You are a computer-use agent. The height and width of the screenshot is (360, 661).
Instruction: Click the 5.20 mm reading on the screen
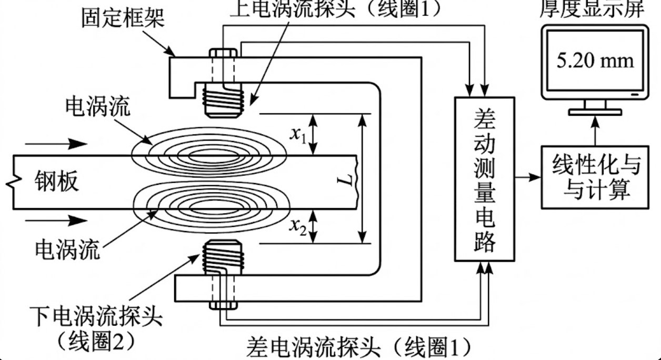pyautogui.click(x=595, y=62)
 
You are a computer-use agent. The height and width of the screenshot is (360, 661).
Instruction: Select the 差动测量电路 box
pyautogui.click(x=484, y=178)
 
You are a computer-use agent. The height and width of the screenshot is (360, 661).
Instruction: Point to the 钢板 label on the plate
pyautogui.click(x=58, y=182)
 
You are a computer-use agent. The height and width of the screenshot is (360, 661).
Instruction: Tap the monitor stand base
pyautogui.click(x=595, y=112)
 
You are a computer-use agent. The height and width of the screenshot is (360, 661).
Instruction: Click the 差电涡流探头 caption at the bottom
pyautogui.click(x=358, y=347)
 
